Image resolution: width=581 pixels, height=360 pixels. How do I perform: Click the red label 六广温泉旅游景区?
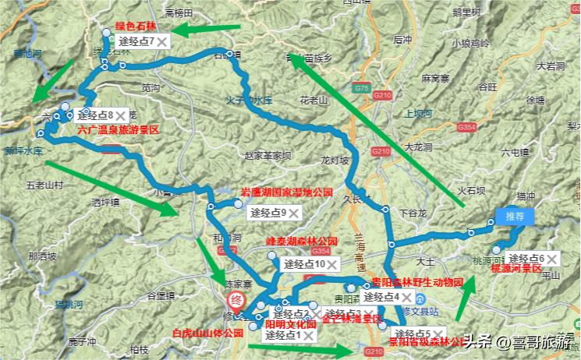coord(119,131)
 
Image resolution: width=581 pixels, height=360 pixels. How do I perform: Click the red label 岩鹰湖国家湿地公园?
coord(286,192)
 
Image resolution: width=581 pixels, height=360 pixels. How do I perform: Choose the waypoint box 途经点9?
coord(268,212)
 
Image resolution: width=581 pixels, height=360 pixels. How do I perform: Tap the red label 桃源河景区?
coord(515,269)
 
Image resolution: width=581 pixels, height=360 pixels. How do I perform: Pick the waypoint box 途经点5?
coord(415,334)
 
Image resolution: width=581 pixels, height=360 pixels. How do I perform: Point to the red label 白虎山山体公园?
coord(207,333)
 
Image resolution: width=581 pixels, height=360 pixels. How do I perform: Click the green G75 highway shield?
coord(361,90)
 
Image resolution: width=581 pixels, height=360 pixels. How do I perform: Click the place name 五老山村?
coord(44,185)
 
